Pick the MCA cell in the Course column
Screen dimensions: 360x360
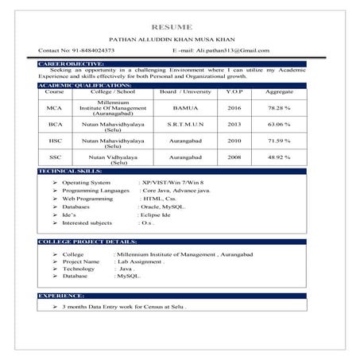(x=54, y=107)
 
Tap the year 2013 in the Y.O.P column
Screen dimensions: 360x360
(x=234, y=125)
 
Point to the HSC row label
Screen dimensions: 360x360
(x=54, y=141)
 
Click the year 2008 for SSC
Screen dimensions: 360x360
(x=234, y=157)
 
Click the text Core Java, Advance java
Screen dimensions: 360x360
(x=176, y=191)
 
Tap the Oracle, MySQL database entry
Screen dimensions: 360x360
(x=164, y=206)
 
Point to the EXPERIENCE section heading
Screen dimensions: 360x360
(x=61, y=296)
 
